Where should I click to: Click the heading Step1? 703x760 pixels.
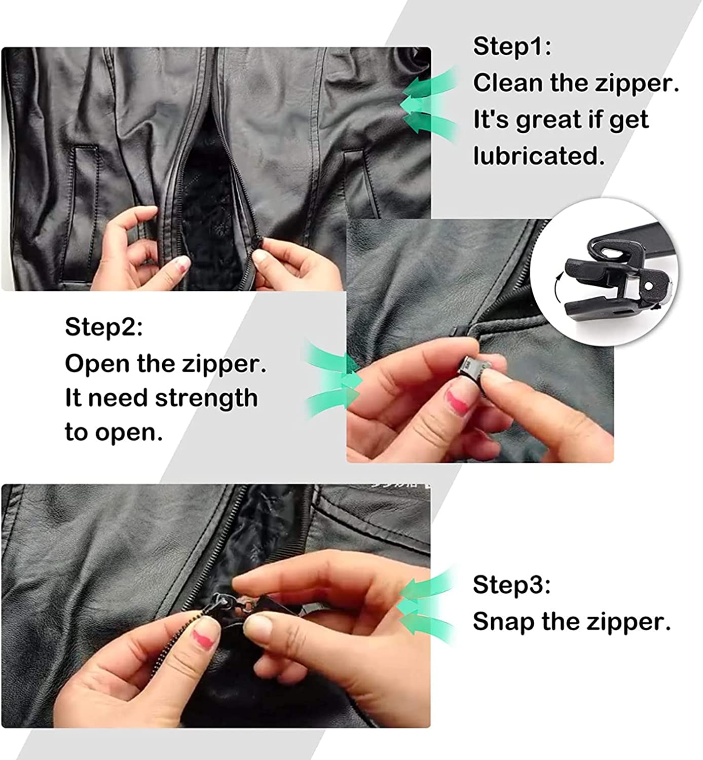click(512, 46)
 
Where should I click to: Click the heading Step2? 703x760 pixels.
click(103, 327)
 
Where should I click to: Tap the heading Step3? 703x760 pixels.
click(511, 585)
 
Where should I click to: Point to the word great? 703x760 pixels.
click(547, 120)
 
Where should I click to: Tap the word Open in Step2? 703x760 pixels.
click(97, 364)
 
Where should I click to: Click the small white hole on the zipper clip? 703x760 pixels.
click(648, 285)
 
